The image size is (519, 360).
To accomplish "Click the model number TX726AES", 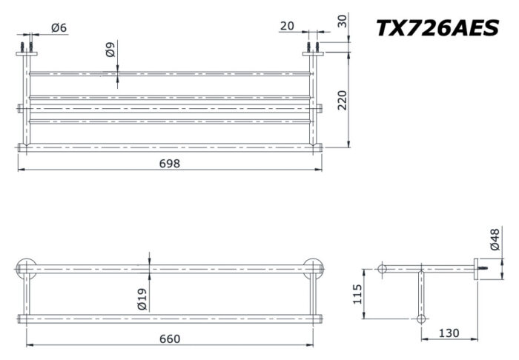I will pos(437,27).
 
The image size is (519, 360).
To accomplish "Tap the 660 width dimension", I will pos(170,339).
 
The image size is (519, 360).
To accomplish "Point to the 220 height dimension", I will pos(342,99).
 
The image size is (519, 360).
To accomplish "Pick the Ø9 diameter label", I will pos(110,50).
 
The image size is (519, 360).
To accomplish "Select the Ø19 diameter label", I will pos(142,299).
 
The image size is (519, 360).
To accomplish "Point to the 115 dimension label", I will pos(357,294).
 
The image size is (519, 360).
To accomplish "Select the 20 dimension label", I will pos(288,27).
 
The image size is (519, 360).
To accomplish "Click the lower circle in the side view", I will pos(421,319).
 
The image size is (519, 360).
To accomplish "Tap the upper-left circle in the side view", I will pos(383,267).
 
